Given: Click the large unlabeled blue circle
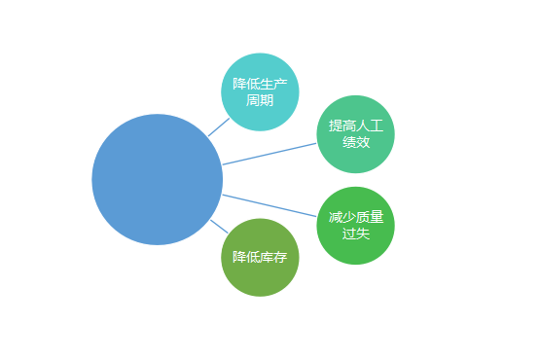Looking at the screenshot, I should click(157, 179).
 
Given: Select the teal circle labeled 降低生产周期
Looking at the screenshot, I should click(259, 91).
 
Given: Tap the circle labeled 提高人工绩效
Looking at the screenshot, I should click(356, 134).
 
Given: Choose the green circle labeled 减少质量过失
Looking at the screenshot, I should click(356, 225).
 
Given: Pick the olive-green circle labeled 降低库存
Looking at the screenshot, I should click(259, 258).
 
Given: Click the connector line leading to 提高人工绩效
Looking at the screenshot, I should click(269, 154).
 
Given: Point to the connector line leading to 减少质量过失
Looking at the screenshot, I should click(269, 205).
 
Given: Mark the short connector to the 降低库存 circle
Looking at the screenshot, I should click(219, 228).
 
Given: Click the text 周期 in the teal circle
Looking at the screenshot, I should click(260, 100).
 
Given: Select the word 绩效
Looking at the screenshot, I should click(356, 143).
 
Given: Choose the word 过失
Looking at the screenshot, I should click(356, 234).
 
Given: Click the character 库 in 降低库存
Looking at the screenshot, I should click(266, 258).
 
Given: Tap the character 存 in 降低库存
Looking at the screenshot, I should click(280, 258).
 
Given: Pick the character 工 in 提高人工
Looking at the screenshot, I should click(377, 126).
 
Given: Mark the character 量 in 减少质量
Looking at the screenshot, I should click(377, 217).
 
